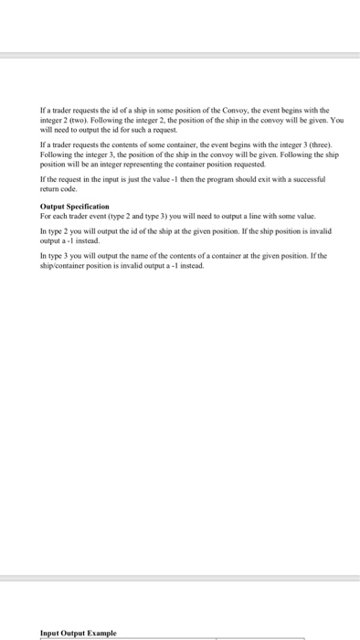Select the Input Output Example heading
pyautogui.click(x=78, y=633)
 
